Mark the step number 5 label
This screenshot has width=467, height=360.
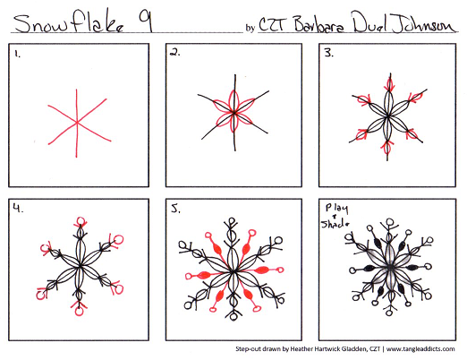(175, 211)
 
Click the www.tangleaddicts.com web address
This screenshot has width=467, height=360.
(420, 347)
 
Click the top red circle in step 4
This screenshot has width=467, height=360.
(79, 218)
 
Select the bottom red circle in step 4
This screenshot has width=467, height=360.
(79, 313)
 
